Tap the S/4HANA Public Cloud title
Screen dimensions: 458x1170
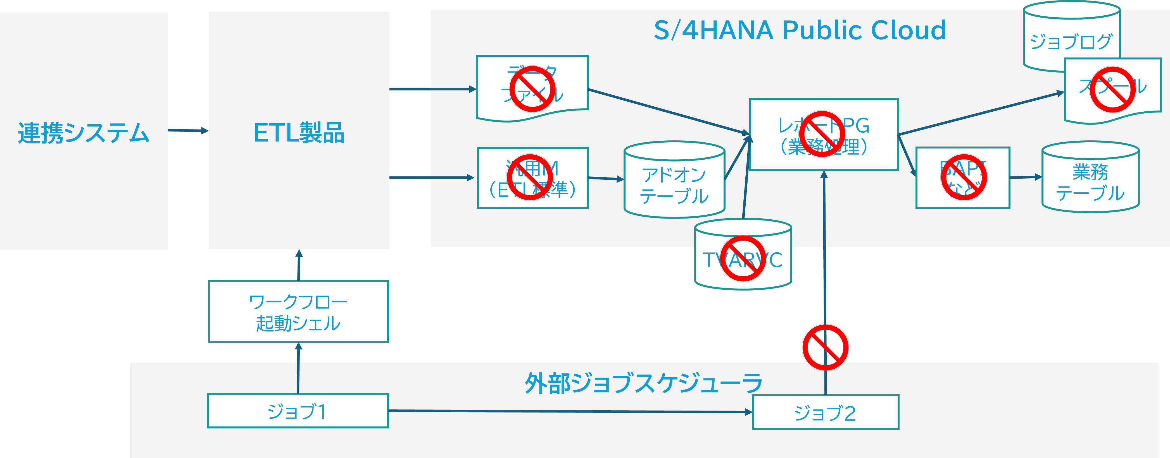(799, 30)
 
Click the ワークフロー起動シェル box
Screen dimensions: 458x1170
(298, 312)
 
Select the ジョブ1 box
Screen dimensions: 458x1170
(298, 411)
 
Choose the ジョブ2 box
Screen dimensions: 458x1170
(825, 413)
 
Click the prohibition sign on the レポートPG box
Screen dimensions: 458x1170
(822, 134)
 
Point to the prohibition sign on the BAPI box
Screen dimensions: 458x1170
(963, 177)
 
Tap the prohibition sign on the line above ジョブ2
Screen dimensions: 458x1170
(825, 347)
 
